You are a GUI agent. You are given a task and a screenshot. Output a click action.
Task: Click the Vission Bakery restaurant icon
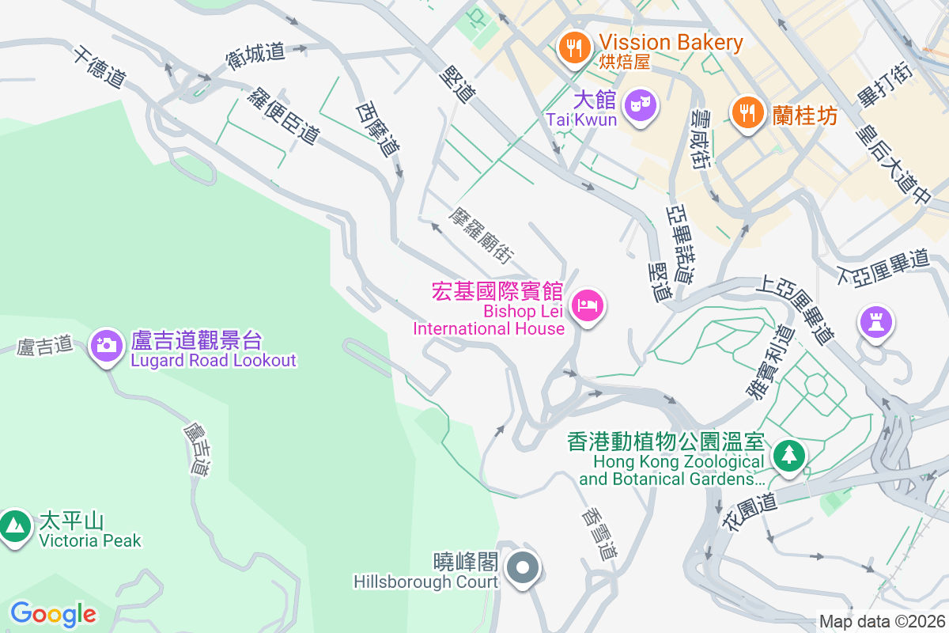[x=574, y=47]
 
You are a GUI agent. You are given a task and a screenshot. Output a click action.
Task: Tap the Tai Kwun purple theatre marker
[x=639, y=105]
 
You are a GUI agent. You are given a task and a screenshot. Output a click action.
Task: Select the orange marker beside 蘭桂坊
[x=747, y=112]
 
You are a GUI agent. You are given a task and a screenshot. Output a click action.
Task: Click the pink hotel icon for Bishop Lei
[x=587, y=305]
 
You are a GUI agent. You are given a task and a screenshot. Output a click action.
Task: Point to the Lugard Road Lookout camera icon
[x=105, y=345]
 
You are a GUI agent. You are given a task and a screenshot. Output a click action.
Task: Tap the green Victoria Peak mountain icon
[x=15, y=525]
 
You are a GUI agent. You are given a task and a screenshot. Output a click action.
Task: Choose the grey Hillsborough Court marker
[x=522, y=567]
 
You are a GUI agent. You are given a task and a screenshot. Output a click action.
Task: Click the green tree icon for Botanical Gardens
[x=788, y=456]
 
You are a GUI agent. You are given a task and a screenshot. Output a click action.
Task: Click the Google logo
[x=53, y=614]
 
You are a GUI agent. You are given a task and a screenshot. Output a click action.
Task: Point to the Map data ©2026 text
[x=881, y=621]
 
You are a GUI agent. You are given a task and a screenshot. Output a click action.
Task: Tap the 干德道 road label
[x=100, y=67]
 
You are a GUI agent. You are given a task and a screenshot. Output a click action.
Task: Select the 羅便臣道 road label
[x=283, y=116]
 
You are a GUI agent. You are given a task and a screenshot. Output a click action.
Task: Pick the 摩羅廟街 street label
[x=482, y=236]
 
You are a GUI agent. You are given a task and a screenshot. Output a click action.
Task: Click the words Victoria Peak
[x=90, y=541]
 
